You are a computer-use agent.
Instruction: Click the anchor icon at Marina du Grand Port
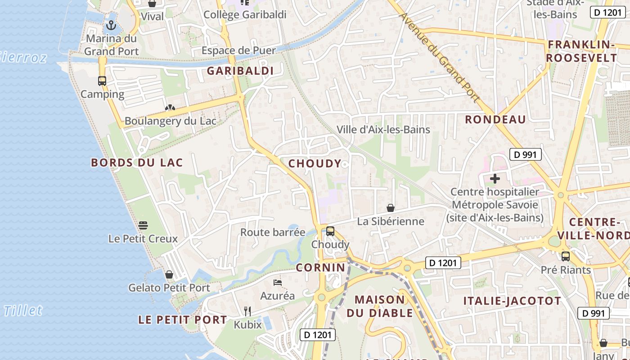click(110, 25)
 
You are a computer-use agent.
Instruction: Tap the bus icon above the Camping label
click(102, 81)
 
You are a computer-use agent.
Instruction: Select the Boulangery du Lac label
click(170, 121)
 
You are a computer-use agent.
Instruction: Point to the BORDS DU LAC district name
click(137, 162)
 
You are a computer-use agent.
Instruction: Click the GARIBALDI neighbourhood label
click(240, 71)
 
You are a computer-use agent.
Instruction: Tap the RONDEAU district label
click(495, 119)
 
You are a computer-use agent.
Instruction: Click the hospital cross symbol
click(495, 179)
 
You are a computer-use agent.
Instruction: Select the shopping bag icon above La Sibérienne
click(391, 208)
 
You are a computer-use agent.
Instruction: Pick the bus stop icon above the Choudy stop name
click(330, 231)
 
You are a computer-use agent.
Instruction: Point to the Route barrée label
click(273, 232)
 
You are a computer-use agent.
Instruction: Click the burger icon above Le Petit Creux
click(143, 225)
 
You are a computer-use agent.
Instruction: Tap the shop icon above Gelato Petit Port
click(169, 274)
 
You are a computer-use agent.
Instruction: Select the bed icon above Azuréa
click(278, 283)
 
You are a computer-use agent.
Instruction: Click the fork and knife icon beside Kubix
click(247, 311)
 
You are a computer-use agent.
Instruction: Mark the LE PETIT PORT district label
click(182, 320)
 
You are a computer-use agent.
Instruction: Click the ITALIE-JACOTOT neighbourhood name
click(512, 301)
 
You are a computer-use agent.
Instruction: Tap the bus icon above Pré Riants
click(566, 256)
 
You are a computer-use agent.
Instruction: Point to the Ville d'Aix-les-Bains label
click(383, 130)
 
